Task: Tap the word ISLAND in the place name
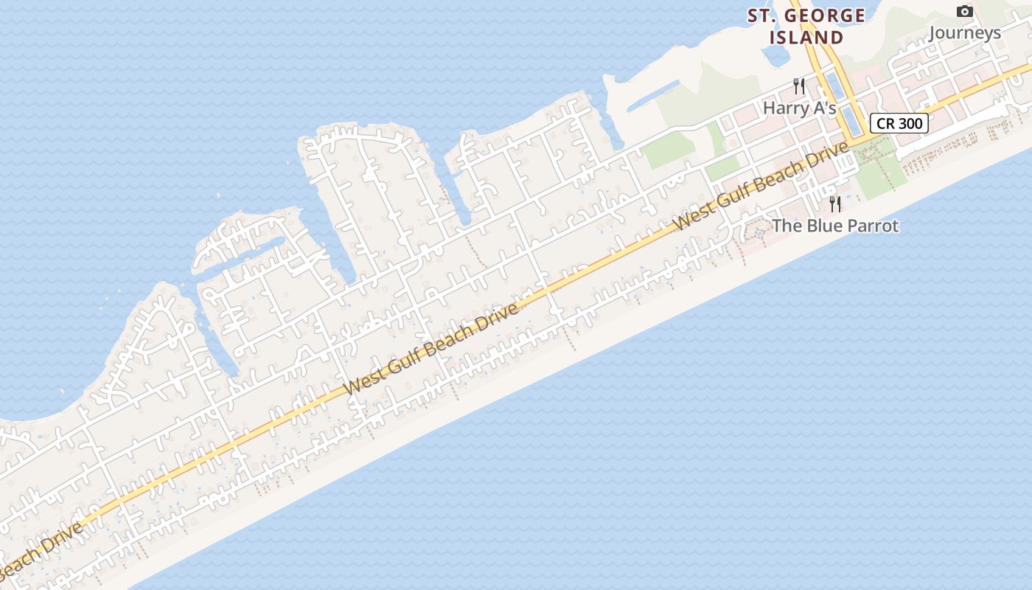[806, 37]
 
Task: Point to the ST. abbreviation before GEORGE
[764, 15]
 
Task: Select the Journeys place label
[964, 32]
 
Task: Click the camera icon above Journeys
[964, 11]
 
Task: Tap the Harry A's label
[799, 108]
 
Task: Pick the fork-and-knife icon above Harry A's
[799, 86]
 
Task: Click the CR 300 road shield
[899, 123]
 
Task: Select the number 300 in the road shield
[910, 123]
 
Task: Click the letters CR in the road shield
[885, 123]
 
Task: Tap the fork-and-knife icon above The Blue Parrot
[835, 204]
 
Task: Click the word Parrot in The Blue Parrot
[870, 226]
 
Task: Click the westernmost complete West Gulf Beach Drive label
[431, 348]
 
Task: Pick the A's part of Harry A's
[823, 108]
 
